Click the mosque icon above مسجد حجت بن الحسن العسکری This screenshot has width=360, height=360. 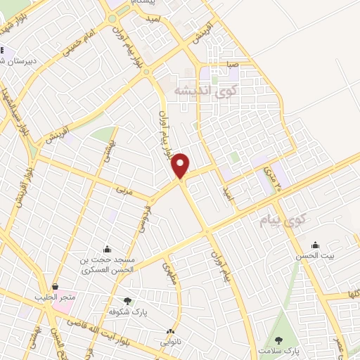[x=107, y=248]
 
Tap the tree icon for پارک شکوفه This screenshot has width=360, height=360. [x=127, y=300]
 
